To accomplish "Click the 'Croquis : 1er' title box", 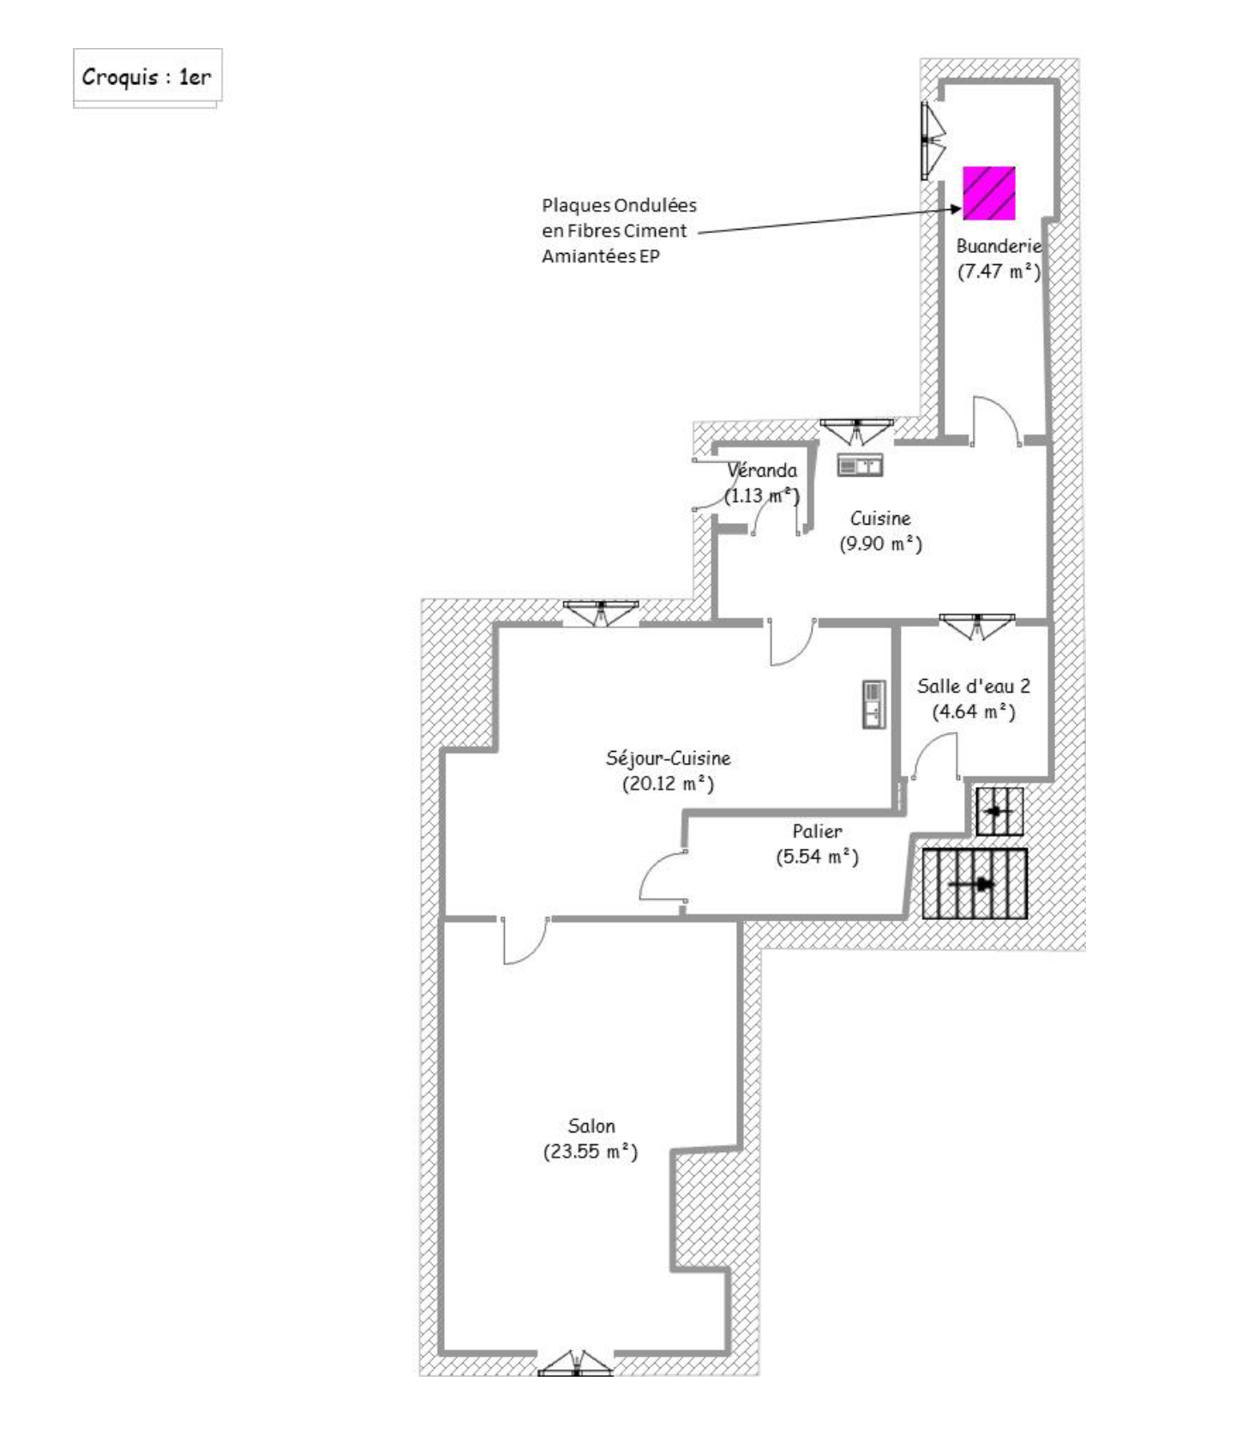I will tap(147, 77).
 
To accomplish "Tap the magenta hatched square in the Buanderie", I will tap(988, 193).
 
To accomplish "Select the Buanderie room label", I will tap(999, 246).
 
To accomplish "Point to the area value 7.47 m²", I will tap(999, 272).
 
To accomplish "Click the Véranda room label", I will tap(762, 470).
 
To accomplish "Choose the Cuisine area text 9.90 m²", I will tap(880, 543).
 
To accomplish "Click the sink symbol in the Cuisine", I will tap(860, 466).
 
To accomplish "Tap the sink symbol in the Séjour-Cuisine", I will tap(873, 705).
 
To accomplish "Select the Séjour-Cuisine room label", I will tap(668, 758).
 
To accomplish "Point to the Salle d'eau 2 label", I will tap(974, 686).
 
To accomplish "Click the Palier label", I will tap(817, 831).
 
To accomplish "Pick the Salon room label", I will tap(591, 1126).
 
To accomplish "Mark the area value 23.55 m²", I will tap(591, 1151).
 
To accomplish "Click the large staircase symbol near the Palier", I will tap(975, 884).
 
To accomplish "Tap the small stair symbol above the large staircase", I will tap(999, 811).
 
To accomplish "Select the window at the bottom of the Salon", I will tap(575, 1364).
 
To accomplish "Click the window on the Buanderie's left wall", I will tap(931, 140).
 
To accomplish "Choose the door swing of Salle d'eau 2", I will tap(936, 758).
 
